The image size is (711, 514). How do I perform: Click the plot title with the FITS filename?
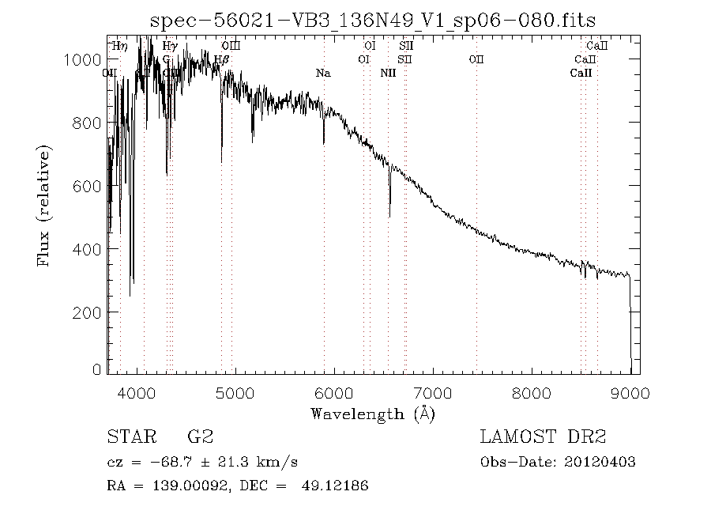pos(373,19)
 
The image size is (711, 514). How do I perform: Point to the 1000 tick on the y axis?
pos(108,60)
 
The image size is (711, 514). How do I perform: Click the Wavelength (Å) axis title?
pos(373,413)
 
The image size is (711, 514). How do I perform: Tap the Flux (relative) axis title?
pos(45,206)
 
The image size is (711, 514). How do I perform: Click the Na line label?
pos(322,73)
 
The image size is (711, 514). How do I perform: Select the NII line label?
pos(388,73)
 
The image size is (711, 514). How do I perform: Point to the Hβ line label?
pos(222,59)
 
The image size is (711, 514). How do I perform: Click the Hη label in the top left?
pos(120,47)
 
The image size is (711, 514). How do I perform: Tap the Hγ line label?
pos(169,47)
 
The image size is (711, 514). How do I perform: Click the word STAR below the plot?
pos(128,437)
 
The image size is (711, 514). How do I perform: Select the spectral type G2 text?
pos(199,437)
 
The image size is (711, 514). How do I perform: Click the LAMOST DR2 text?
pos(543,437)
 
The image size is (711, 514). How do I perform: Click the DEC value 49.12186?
pos(335,486)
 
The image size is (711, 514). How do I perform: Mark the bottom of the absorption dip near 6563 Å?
pos(389,216)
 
